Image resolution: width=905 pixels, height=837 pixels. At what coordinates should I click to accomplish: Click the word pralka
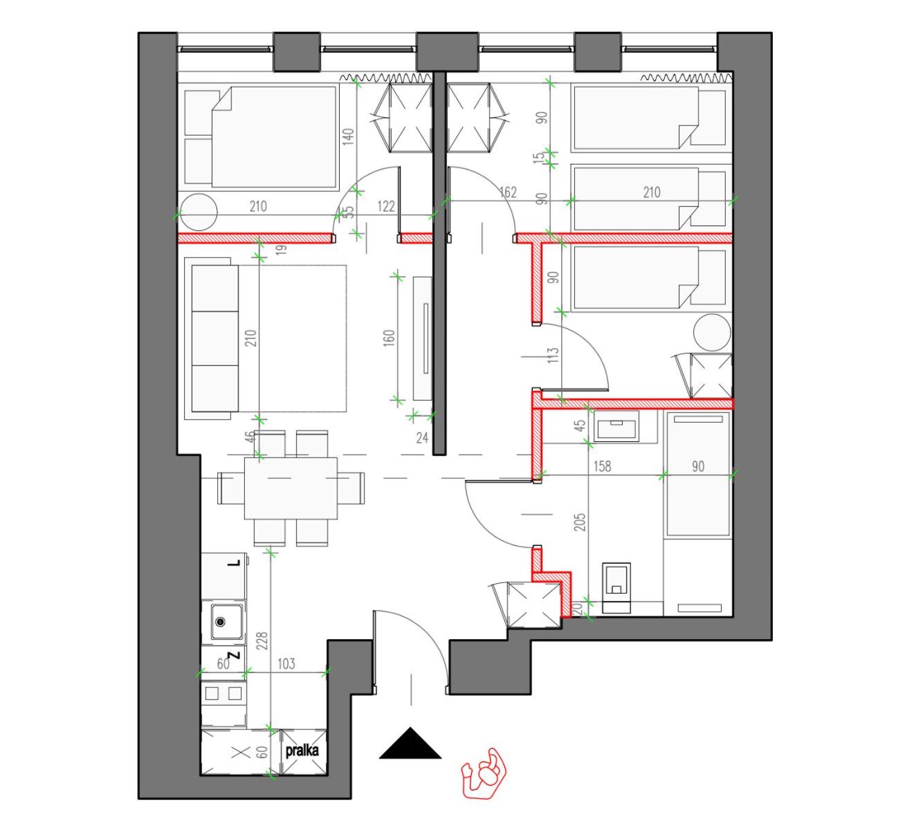click(x=302, y=751)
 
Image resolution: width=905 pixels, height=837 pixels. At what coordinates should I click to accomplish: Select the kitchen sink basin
click(x=226, y=621)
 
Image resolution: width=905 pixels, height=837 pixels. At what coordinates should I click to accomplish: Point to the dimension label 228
click(x=262, y=640)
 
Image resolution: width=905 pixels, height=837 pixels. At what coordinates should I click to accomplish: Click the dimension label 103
click(x=286, y=663)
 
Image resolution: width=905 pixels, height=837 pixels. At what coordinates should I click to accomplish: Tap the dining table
click(x=291, y=488)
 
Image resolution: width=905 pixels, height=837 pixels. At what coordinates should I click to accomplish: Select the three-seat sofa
click(x=212, y=338)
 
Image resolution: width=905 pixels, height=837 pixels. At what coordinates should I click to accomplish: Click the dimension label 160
click(x=389, y=338)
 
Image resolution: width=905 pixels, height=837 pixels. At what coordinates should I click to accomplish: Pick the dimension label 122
click(x=386, y=206)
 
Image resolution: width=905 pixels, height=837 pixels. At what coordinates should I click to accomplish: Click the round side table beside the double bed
click(x=198, y=212)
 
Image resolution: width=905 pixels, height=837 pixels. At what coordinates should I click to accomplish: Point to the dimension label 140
click(x=348, y=137)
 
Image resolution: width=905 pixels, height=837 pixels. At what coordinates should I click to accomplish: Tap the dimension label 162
click(x=508, y=192)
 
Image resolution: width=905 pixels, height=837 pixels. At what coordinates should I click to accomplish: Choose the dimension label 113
click(x=553, y=355)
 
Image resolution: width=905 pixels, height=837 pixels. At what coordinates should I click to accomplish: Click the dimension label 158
click(x=602, y=466)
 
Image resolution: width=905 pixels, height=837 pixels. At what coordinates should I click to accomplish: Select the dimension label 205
click(x=580, y=522)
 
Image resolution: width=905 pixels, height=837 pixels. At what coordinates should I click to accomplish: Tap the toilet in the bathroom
click(x=616, y=587)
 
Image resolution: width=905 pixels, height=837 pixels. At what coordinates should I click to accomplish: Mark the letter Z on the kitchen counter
click(x=235, y=655)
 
